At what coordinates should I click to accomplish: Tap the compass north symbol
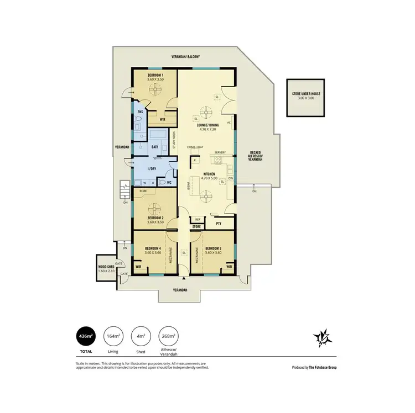point(321,338)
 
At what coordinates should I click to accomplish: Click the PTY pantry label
point(219,224)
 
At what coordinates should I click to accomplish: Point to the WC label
point(169,182)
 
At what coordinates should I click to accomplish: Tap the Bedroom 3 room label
point(213,249)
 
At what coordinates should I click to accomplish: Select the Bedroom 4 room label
point(153,249)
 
